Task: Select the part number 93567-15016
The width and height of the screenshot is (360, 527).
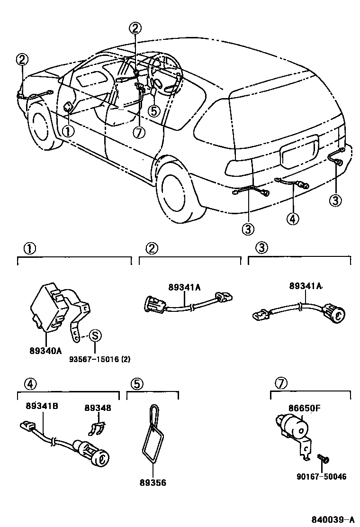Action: [92, 359]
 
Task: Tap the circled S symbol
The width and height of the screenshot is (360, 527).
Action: [95, 336]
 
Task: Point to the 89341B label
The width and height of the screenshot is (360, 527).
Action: [42, 406]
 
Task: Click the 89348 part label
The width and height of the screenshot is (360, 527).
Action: [98, 408]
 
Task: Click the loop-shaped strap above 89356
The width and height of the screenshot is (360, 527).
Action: [152, 434]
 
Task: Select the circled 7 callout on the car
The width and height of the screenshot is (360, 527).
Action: [138, 132]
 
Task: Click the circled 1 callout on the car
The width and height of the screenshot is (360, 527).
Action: [68, 130]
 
